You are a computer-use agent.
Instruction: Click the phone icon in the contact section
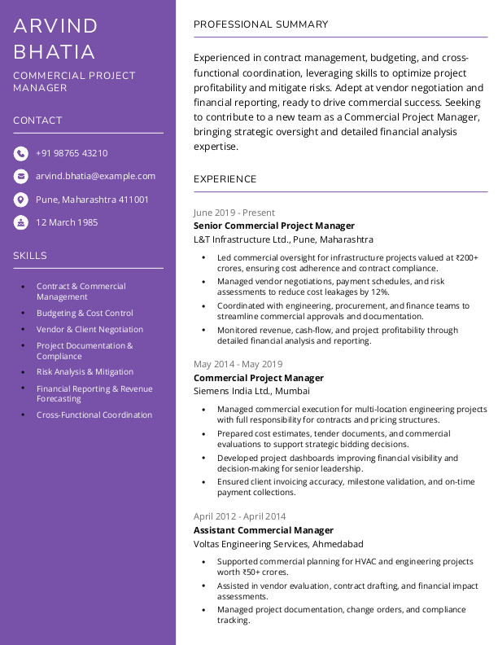[x=20, y=153]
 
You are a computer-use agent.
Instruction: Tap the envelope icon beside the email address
[x=20, y=176]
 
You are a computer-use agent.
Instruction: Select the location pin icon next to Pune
[x=20, y=200]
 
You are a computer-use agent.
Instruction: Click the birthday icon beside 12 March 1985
[x=20, y=222]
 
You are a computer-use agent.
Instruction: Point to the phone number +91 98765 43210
[x=72, y=153]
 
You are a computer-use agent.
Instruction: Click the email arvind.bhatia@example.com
[x=95, y=176]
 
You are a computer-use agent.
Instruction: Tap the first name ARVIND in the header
[x=55, y=26]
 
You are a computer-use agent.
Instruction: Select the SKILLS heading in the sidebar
[x=30, y=256]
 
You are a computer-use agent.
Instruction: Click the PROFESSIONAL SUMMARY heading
[x=260, y=24]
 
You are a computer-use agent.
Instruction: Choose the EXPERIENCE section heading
[x=225, y=179]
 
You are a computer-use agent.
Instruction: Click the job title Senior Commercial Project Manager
[x=274, y=226]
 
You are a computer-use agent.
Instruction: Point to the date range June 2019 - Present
[x=234, y=213]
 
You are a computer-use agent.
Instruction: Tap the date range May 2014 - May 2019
[x=238, y=364]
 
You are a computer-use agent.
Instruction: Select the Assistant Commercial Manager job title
[x=264, y=530]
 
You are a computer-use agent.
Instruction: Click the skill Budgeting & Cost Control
[x=85, y=313]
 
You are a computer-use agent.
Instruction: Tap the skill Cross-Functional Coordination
[x=94, y=415]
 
